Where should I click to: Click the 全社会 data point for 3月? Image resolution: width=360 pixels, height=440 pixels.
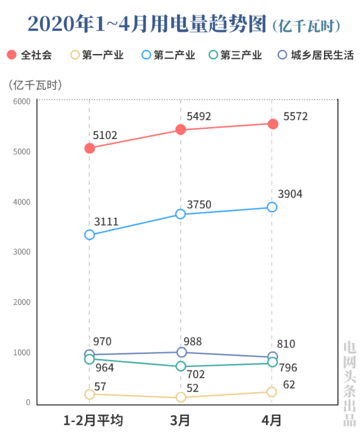pos(181,129)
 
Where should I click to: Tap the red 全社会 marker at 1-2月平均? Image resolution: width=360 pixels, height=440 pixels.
pos(89,148)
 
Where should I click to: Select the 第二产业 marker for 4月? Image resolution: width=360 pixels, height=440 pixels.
pos(272,207)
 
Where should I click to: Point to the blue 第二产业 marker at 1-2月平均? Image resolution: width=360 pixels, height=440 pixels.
pos(89,235)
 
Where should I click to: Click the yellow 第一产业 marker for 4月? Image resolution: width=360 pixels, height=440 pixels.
pos(272,392)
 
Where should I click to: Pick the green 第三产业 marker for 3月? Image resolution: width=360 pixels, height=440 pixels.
pos(181,366)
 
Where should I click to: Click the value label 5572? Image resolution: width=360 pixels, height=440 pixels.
pos(296,116)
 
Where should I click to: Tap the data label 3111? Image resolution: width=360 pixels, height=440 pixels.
pos(106,222)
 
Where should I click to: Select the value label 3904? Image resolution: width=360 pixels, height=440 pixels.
pos(290,194)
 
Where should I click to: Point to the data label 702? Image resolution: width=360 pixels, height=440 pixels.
pos(196,374)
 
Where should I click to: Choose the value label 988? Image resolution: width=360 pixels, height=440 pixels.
pos(192,342)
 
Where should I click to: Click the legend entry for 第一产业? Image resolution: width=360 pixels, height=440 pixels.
pos(96,55)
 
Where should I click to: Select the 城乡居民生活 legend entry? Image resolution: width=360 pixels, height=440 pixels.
pos(316,55)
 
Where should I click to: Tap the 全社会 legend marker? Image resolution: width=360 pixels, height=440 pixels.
pos(12,55)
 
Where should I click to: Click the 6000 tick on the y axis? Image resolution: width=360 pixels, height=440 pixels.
pos(22,101)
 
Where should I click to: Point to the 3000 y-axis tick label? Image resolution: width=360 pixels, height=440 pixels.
pos(22,252)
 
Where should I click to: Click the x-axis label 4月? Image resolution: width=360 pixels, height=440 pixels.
pos(272,420)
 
